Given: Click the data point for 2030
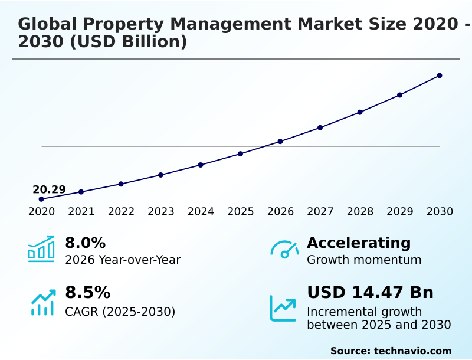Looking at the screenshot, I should pyautogui.click(x=440, y=76).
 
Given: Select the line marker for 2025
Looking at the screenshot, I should pyautogui.click(x=240, y=154).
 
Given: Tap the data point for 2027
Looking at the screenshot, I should pyautogui.click(x=320, y=127).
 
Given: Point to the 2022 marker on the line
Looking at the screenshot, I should pyautogui.click(x=121, y=184).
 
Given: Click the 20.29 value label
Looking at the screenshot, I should pyautogui.click(x=49, y=189).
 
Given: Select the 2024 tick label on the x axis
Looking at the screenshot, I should pyautogui.click(x=201, y=212).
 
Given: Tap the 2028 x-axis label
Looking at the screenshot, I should pyautogui.click(x=360, y=212).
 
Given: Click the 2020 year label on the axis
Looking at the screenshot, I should pyautogui.click(x=41, y=212).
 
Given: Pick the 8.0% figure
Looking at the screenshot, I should pyautogui.click(x=85, y=243).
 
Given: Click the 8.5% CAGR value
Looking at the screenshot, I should pyautogui.click(x=87, y=293).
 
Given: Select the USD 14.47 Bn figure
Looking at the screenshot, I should pyautogui.click(x=370, y=293).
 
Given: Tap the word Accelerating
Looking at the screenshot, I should pyautogui.click(x=359, y=243).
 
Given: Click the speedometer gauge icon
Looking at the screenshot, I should pyautogui.click(x=284, y=250).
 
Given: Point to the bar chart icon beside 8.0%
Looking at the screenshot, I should pyautogui.click(x=41, y=249).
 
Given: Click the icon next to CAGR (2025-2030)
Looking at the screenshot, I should pyautogui.click(x=42, y=302).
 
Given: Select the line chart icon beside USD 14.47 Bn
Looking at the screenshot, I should pyautogui.click(x=283, y=308).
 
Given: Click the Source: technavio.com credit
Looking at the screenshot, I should pyautogui.click(x=391, y=351).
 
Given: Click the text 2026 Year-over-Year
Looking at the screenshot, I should pyautogui.click(x=123, y=260).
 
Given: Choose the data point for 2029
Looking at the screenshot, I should pyautogui.click(x=399, y=95).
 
